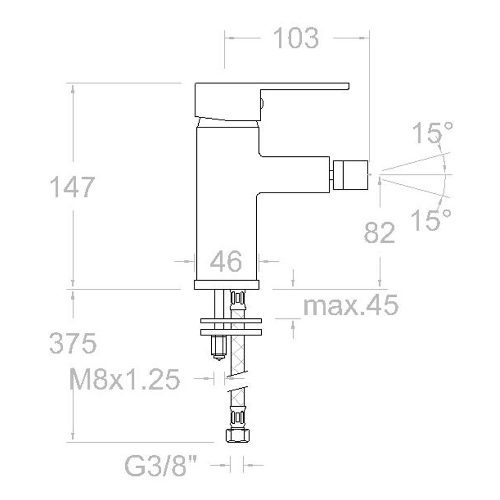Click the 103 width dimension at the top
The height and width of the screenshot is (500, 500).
pos(296,38)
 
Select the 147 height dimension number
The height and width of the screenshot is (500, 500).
pos(72,187)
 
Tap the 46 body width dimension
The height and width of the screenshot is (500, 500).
pos(225,262)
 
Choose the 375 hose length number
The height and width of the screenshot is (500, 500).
pos(72,344)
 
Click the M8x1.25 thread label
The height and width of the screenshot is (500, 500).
pos(125,380)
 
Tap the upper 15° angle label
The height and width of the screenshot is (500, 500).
pos(432,133)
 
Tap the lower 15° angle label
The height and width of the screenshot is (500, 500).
pos(431,220)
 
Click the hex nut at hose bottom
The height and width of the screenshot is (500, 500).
pos(238,435)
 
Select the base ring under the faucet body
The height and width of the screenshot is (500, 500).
pos(227,285)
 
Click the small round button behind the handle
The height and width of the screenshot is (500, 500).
pos(262,103)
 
